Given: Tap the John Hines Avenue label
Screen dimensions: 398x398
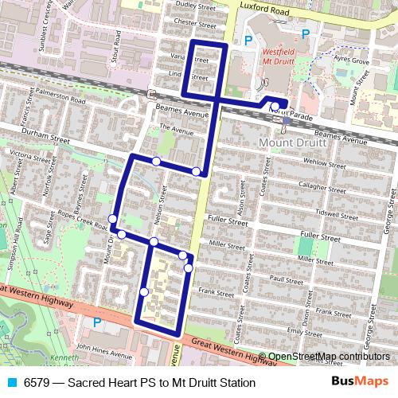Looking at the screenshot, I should tap(96, 348).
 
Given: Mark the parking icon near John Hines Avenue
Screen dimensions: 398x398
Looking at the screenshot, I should tap(97, 322).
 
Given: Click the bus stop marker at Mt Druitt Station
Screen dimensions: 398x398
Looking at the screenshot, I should tap(275, 106).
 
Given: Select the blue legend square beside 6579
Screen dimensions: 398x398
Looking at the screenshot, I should tap(10, 383).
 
